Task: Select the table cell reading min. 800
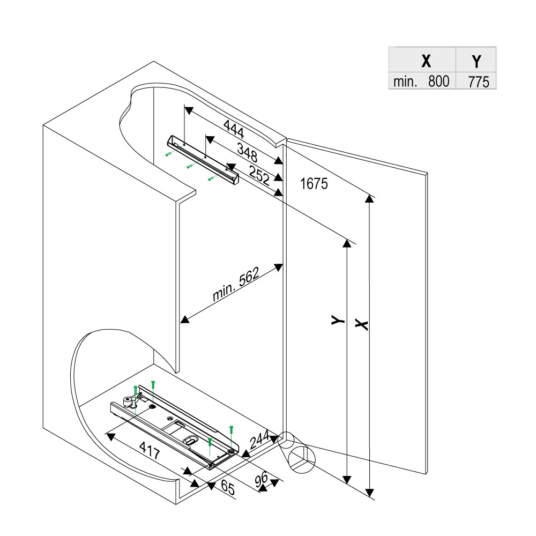[422, 82]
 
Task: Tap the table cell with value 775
[476, 82]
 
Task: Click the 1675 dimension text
[314, 184]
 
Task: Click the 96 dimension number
[262, 481]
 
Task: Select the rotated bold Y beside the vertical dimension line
[337, 321]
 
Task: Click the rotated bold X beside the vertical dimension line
[361, 324]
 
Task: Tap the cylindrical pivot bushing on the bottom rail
[128, 401]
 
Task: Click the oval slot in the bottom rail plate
[191, 440]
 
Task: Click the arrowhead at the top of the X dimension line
[369, 199]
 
